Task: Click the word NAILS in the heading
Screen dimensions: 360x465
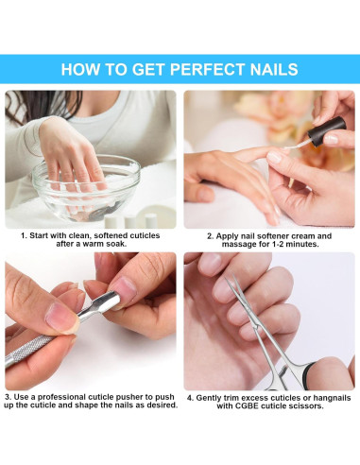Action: (274, 69)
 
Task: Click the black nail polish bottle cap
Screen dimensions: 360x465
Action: (327, 131)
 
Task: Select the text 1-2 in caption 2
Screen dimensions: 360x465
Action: (279, 244)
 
